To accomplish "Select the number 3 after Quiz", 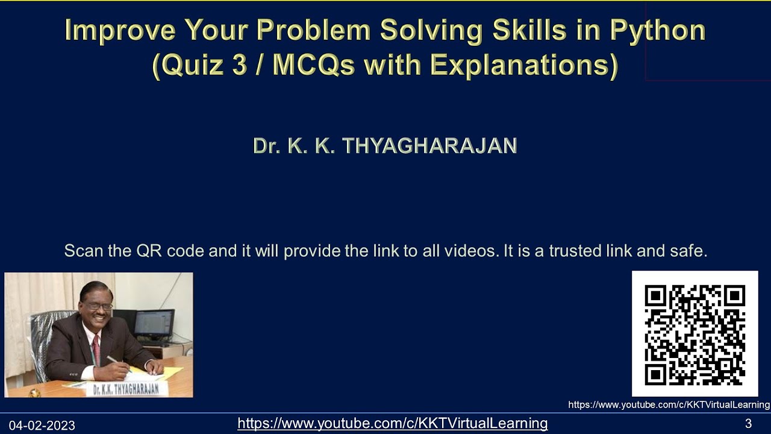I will tap(239, 65).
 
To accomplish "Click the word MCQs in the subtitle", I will tap(313, 65).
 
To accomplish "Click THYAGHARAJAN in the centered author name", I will tap(429, 146).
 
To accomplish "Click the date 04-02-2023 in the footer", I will tap(42, 426).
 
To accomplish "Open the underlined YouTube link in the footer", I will tap(392, 423).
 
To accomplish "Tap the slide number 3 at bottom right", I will tap(748, 423).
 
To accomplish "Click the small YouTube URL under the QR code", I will tap(669, 405).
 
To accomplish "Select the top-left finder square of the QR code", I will tap(655, 296).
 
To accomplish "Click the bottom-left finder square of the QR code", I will tap(655, 374).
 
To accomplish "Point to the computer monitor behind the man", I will tap(154, 325).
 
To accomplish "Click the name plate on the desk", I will tap(126, 389).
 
